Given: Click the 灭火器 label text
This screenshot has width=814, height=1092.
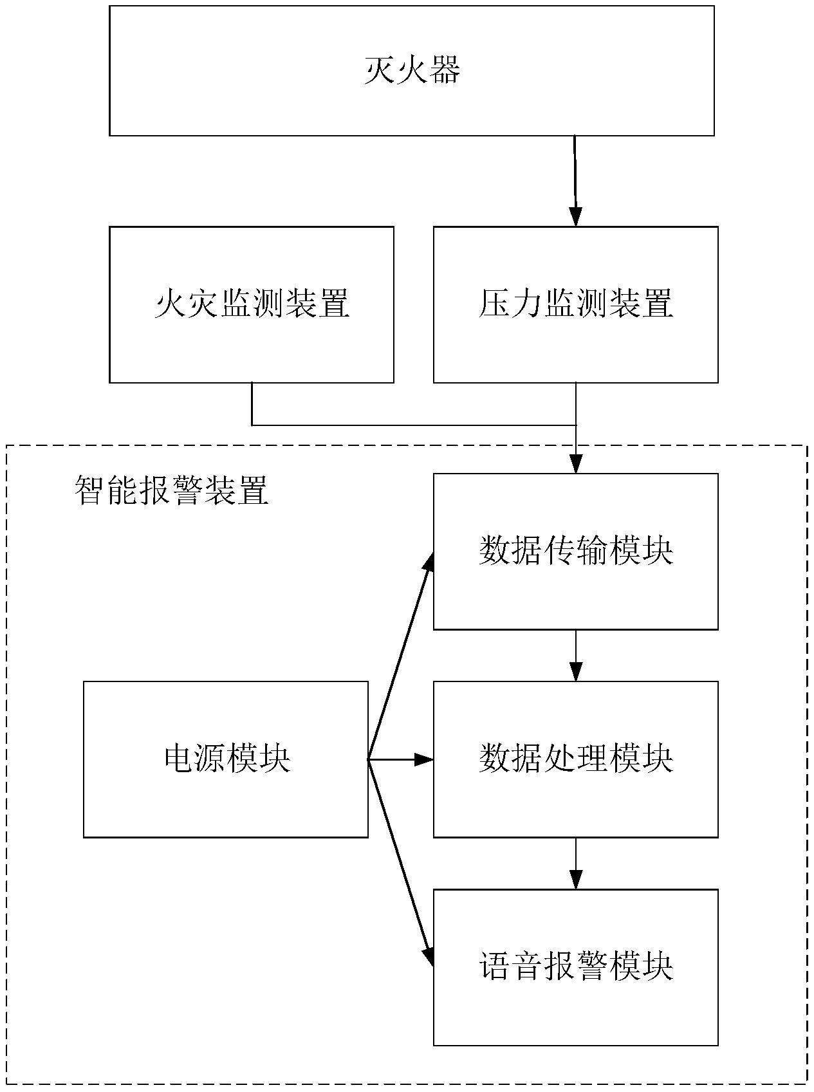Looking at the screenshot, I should click(x=412, y=70).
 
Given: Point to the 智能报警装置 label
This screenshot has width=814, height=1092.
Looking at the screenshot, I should click(x=171, y=491).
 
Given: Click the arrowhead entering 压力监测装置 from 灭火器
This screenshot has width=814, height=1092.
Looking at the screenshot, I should click(x=575, y=217).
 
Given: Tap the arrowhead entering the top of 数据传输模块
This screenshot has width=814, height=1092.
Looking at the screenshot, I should click(x=575, y=464).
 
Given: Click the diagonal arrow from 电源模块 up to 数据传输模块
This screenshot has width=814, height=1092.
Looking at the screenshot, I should click(x=399, y=656).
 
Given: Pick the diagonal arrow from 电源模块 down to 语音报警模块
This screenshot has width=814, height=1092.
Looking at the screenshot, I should click(x=399, y=862).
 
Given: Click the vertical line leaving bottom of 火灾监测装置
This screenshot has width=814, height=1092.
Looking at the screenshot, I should click(x=252, y=404).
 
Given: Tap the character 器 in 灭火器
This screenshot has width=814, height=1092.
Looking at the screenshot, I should click(x=445, y=70).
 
